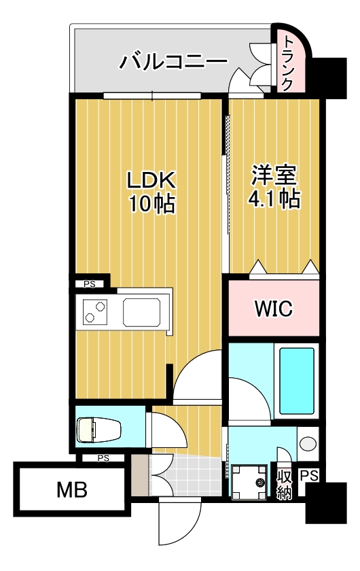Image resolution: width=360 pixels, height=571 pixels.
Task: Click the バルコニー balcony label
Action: click(x=174, y=63)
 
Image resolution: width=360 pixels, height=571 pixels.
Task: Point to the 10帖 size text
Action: click(x=153, y=203)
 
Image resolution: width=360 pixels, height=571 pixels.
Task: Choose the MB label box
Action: click(x=71, y=489)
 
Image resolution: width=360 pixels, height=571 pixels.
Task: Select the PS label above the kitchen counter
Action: click(x=90, y=284)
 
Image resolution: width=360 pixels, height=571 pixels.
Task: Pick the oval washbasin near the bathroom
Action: click(x=307, y=445)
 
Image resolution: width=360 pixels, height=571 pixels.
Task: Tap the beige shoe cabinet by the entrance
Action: click(x=139, y=475)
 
